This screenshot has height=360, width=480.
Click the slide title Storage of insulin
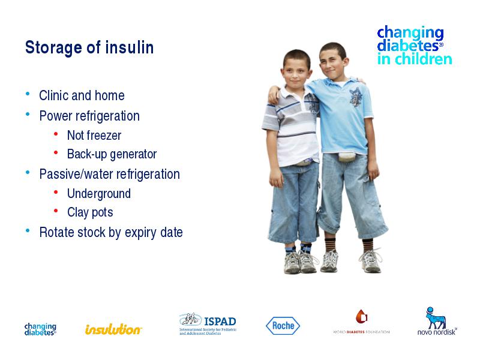coord(89,47)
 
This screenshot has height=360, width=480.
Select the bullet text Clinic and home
coord(82,95)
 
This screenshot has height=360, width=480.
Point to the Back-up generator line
coord(112,154)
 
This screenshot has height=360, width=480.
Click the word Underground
coord(99,194)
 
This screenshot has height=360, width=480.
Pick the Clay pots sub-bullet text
coord(90,212)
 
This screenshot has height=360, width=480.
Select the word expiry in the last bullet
coord(141,233)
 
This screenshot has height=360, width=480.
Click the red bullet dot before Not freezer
coord(56,134)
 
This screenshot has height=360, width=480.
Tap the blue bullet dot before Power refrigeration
coord(28,114)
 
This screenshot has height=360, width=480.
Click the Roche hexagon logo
coord(283,326)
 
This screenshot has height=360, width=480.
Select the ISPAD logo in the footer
coord(208,324)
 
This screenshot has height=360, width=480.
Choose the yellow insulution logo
coord(113,329)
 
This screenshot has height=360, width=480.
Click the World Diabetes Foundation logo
coord(361,322)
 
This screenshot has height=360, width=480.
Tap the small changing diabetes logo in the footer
coord(40,329)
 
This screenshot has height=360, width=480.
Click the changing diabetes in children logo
coord(415,46)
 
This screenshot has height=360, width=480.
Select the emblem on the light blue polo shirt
coord(356,97)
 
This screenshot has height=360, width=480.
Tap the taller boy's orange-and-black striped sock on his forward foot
coord(331,245)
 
